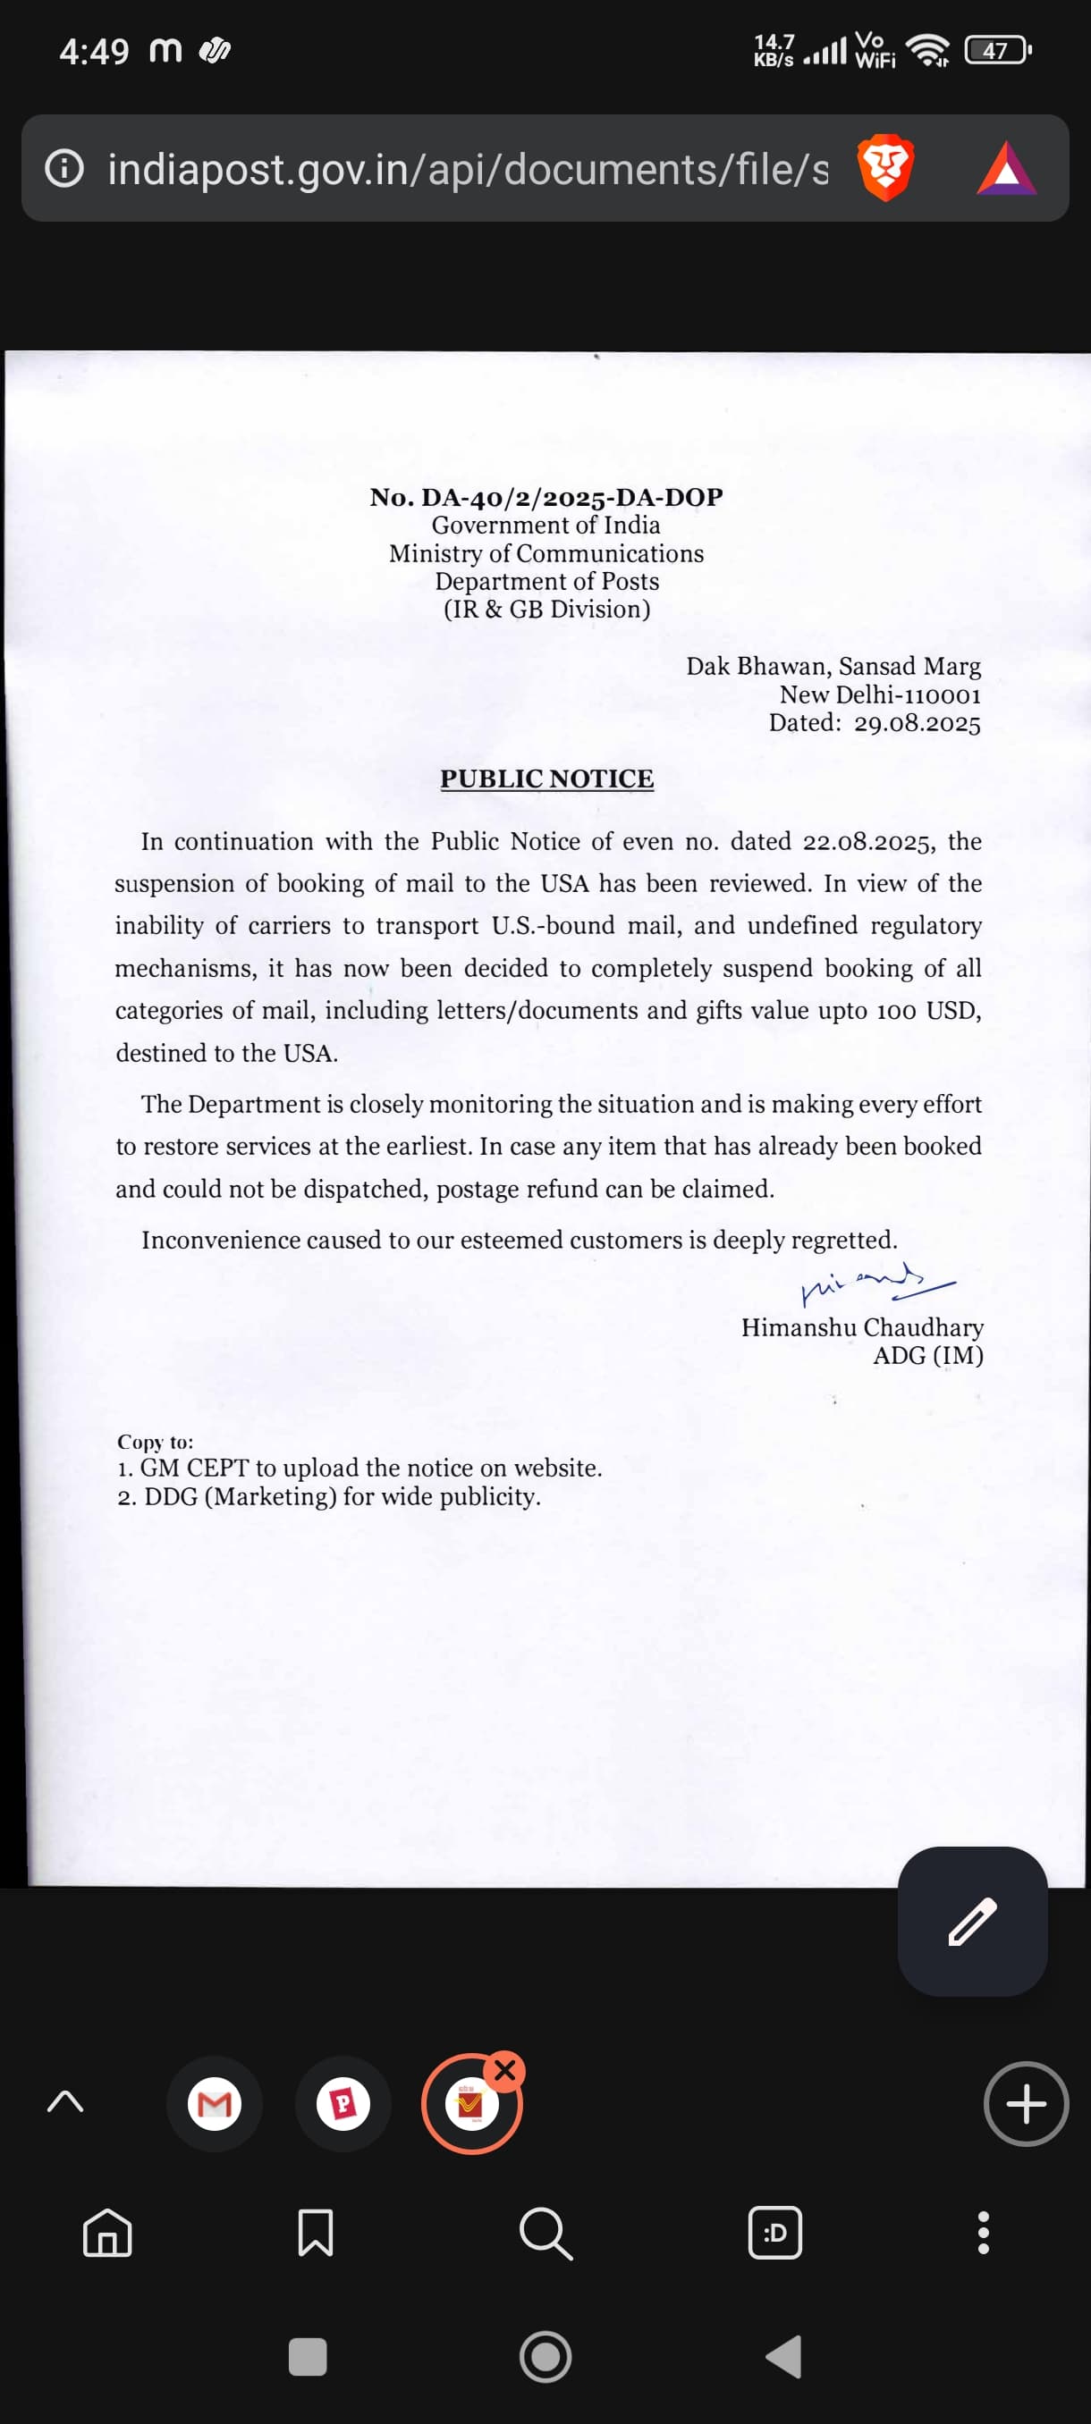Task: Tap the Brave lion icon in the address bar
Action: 884,167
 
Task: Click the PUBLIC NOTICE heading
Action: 547,779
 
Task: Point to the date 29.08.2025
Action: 917,723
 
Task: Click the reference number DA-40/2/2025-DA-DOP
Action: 571,497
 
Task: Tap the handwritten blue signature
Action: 875,1283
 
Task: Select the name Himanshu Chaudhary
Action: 861,1326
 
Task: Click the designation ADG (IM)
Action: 927,1355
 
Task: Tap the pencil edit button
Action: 971,1921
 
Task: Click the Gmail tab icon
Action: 215,2103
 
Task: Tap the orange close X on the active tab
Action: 505,2070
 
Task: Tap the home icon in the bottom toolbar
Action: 107,2232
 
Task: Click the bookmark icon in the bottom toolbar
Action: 316,2232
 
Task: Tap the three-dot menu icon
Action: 983,2232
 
